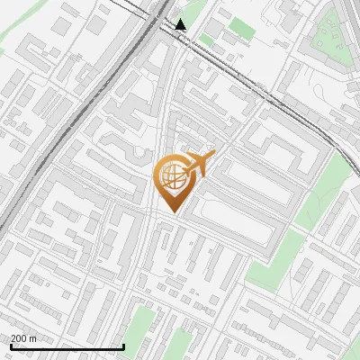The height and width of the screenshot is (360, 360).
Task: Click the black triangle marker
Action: click(x=182, y=23)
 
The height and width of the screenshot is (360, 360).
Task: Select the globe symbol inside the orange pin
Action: click(x=171, y=175)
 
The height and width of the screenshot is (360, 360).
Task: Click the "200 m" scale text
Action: click(x=24, y=339)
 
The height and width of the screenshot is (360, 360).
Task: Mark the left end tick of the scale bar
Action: click(x=11, y=346)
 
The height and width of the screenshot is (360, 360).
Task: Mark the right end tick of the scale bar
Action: click(x=123, y=346)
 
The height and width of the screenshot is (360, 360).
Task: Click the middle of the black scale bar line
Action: click(x=67, y=347)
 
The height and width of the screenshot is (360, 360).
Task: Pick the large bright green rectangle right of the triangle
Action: click(x=240, y=27)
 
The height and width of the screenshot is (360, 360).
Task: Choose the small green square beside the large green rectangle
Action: click(x=206, y=40)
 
